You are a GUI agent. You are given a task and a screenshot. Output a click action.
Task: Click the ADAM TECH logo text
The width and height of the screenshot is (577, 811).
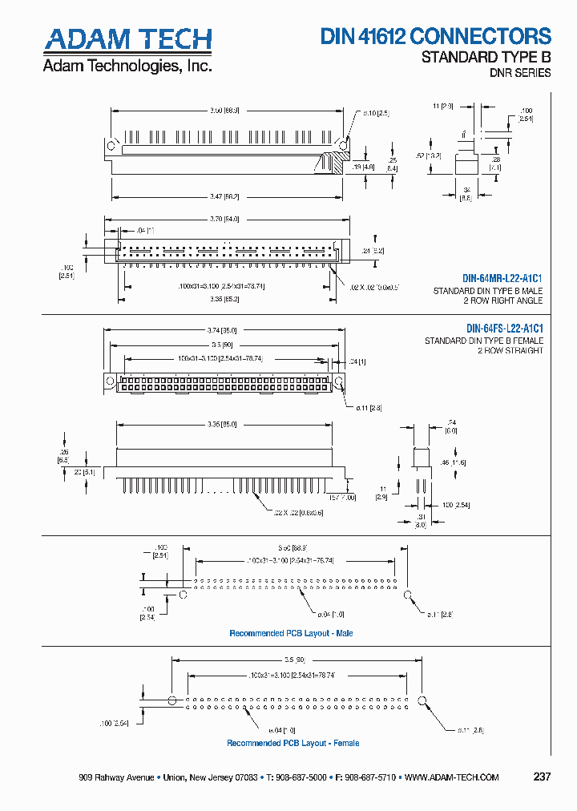click(127, 40)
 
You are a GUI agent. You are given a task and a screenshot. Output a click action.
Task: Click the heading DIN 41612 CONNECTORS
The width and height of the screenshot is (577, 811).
click(436, 36)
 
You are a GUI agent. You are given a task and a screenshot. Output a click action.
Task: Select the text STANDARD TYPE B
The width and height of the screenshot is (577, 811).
click(486, 57)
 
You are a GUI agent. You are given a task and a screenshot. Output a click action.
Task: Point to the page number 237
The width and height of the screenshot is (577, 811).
click(542, 777)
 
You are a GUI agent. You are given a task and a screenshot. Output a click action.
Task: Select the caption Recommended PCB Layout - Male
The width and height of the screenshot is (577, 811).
click(291, 633)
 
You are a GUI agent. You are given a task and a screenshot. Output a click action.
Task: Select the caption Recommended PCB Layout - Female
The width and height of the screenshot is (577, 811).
click(293, 743)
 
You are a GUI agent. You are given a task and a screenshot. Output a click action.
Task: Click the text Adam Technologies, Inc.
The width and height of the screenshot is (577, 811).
click(127, 66)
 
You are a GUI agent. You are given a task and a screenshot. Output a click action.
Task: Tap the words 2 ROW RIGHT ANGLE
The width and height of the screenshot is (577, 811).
click(502, 301)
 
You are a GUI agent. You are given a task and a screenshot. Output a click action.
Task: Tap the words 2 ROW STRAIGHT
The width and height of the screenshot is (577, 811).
click(510, 351)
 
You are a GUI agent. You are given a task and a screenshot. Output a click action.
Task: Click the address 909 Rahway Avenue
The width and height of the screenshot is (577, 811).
click(116, 777)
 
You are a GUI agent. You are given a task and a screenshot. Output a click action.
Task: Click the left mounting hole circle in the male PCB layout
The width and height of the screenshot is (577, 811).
click(183, 595)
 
